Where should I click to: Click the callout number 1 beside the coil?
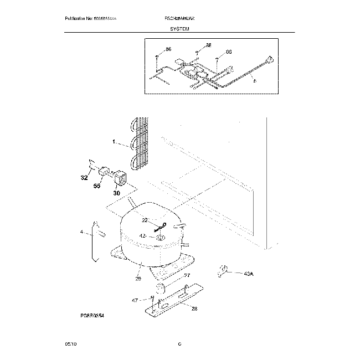[x=114, y=142]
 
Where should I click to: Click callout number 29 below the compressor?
[x=138, y=278]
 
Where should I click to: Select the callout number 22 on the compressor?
[x=145, y=220]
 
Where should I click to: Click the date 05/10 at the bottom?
[x=70, y=344]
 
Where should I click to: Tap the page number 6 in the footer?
[x=180, y=344]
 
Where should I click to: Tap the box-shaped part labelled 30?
[x=119, y=178]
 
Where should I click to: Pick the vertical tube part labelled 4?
[x=94, y=241]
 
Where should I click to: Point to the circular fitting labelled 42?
[x=161, y=238]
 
